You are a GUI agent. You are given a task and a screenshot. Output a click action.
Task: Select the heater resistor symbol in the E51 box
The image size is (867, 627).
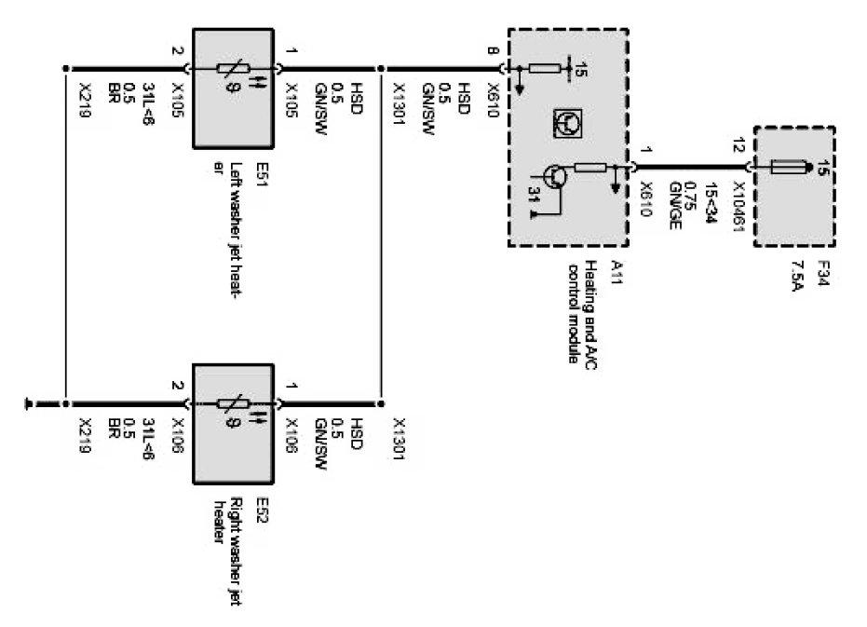(x=232, y=69)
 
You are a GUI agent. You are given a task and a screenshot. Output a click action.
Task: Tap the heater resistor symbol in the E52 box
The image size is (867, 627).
(x=232, y=405)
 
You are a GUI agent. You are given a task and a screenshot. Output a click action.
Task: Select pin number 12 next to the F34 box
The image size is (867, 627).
(x=739, y=145)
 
